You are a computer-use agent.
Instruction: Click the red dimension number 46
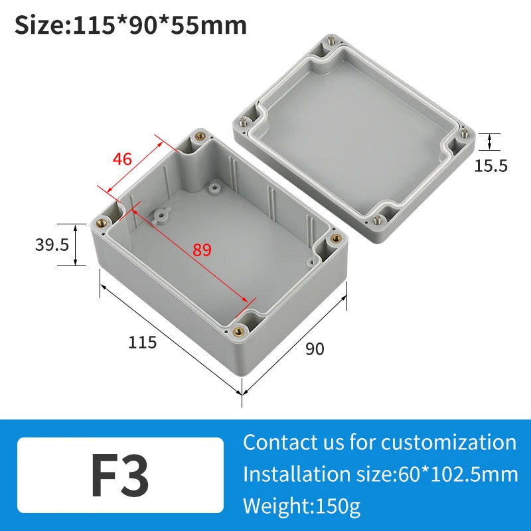pos(122,159)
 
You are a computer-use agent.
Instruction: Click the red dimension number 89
pos(202,250)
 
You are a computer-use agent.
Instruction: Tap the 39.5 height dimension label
pos(52,245)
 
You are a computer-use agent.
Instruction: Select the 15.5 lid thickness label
pos(491,166)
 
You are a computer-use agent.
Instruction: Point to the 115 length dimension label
pos(142,342)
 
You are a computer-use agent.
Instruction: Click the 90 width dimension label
pos(315,348)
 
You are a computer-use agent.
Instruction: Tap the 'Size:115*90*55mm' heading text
pos(131,25)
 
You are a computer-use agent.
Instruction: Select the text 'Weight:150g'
pos(302,506)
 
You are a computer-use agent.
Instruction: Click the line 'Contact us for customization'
pos(379,442)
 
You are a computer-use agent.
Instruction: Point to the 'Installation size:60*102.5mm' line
pos(380,474)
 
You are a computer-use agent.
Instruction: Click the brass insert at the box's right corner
pos(335,238)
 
